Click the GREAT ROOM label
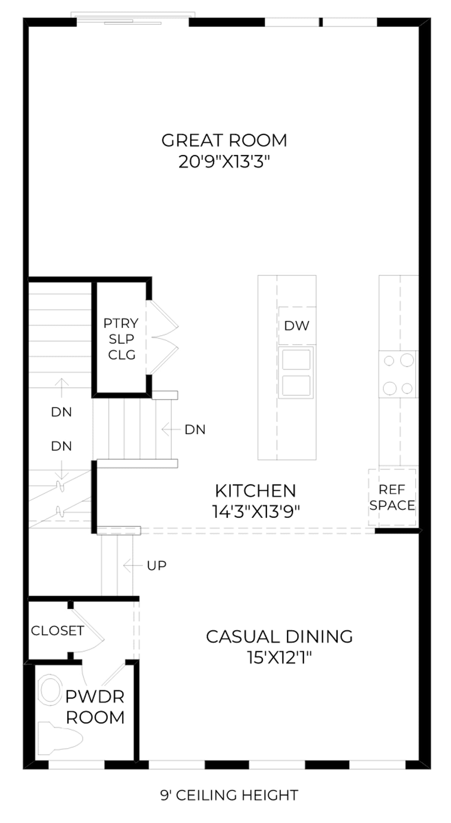(x=224, y=140)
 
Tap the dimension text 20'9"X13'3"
(x=224, y=162)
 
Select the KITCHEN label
(x=256, y=491)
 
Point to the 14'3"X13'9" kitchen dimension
(x=256, y=512)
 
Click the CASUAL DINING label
(x=279, y=636)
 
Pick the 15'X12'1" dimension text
(x=279, y=657)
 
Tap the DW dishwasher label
(x=297, y=326)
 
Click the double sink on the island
(x=296, y=372)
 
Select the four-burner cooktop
(x=398, y=374)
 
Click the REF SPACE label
(x=392, y=497)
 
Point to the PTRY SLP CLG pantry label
(x=121, y=339)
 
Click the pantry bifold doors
(x=163, y=337)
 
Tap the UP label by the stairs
(x=157, y=565)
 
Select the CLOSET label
(x=57, y=631)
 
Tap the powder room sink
(x=50, y=690)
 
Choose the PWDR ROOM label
(x=95, y=707)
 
